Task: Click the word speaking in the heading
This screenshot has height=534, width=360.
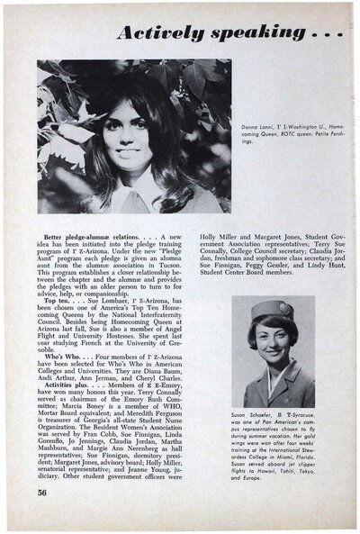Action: coord(261,34)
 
